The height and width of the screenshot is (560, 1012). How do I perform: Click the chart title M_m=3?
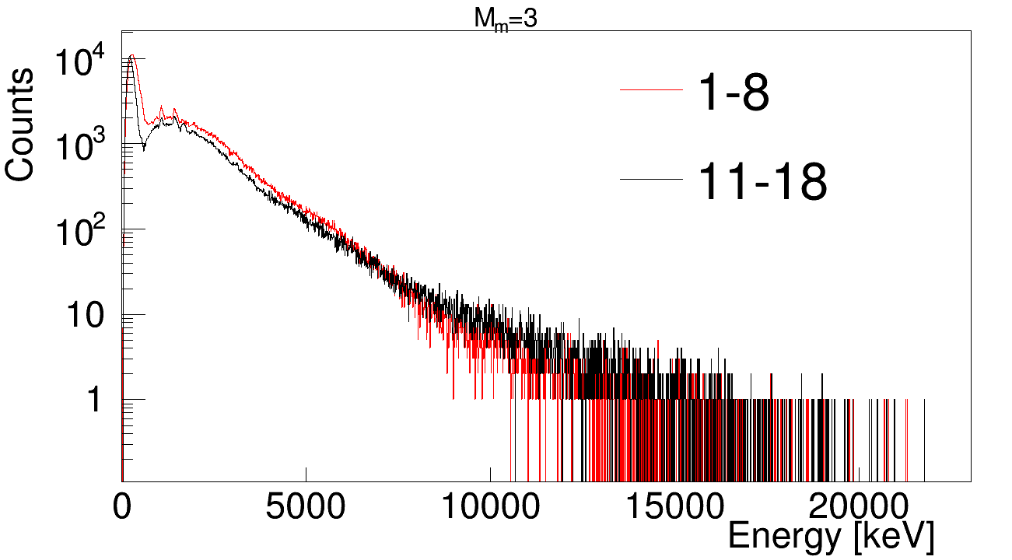coord(506,20)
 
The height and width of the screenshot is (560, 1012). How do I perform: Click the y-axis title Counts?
coord(20,124)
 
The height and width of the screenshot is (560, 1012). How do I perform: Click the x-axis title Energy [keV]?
coord(830,537)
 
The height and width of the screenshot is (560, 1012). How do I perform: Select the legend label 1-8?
coord(734,94)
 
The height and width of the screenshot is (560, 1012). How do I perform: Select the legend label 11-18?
coord(762,183)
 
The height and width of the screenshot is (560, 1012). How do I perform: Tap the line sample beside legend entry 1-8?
coord(650,91)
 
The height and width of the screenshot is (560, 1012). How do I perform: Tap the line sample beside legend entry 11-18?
coord(650,180)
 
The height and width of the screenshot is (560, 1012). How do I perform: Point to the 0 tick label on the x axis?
coord(122,509)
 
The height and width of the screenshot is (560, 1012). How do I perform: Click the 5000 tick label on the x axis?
coord(306,509)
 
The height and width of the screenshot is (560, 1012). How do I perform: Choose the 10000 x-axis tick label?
coord(490,509)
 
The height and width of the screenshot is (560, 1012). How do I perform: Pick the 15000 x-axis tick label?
coord(674,509)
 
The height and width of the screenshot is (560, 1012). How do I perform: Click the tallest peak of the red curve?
coord(133,55)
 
